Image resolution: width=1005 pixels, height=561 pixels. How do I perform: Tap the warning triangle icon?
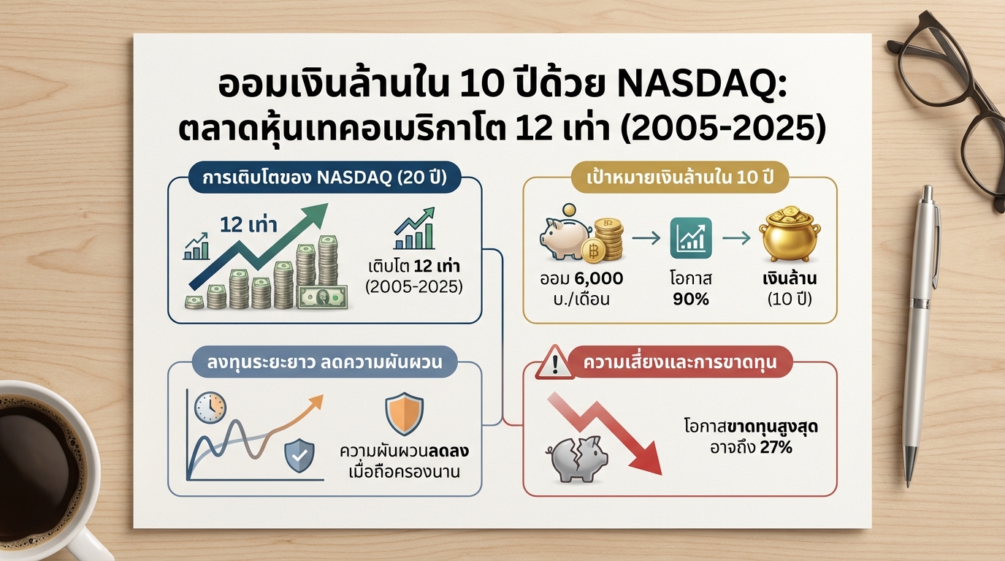click(554, 363)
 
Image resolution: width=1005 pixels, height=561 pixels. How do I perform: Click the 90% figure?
click(690, 299)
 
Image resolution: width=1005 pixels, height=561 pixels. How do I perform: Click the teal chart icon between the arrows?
click(690, 239)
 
